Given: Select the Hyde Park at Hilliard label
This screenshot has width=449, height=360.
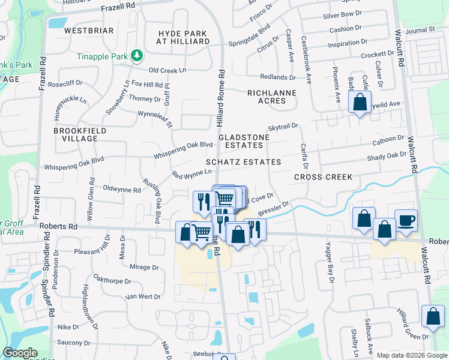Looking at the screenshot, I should tap(183, 37).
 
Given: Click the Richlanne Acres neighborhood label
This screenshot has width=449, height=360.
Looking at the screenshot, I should tap(267, 97).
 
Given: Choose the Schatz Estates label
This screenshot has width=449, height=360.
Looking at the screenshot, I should tap(243, 162).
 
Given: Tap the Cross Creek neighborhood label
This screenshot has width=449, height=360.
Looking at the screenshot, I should tap(323, 177).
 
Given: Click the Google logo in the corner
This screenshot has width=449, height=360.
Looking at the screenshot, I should tap(20, 353).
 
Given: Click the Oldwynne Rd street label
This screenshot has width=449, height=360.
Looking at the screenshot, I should tap(122, 190).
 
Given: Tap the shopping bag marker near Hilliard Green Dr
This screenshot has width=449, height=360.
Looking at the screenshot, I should tap(433, 316).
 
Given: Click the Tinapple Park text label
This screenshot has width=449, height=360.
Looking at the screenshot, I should tap(103, 56).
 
